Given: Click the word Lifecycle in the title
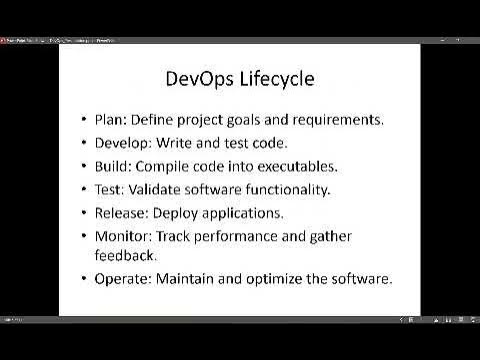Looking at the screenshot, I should pos(274,79).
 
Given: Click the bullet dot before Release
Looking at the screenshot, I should pos(85,212).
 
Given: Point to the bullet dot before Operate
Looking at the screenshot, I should pos(85,278).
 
